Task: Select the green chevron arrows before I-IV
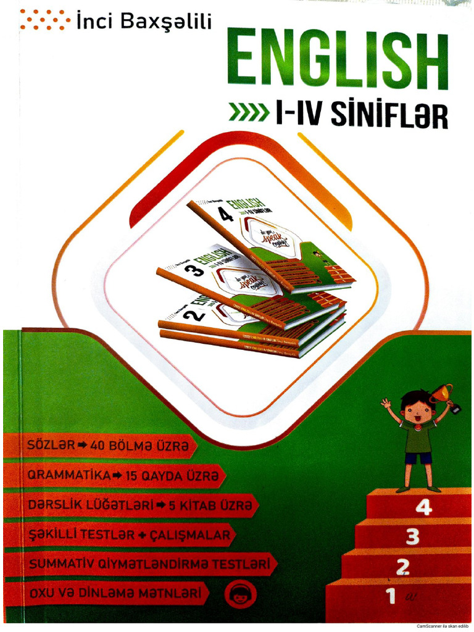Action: (249, 113)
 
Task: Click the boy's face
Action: (418, 410)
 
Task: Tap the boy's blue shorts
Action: (418, 457)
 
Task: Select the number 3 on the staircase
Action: (412, 536)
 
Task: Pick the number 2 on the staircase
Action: (402, 566)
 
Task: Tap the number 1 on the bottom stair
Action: (390, 596)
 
